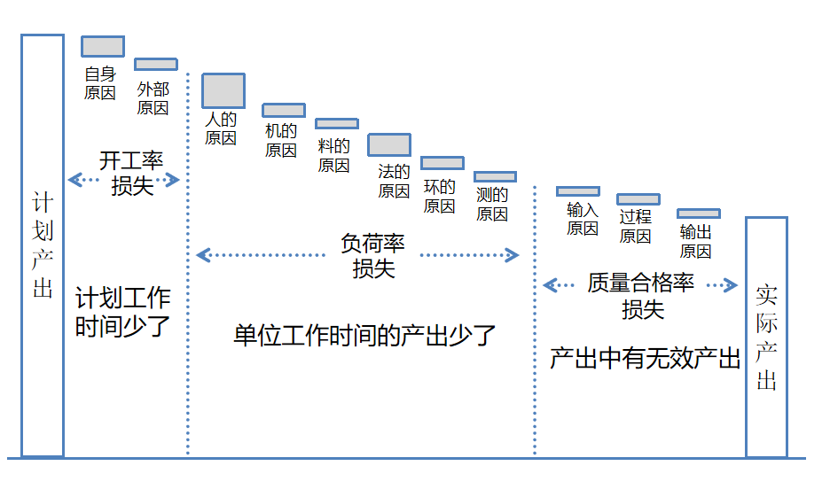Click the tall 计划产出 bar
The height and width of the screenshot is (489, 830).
pos(43,245)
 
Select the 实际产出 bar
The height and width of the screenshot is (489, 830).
pos(766,337)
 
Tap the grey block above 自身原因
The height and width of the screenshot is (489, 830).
pos(103,46)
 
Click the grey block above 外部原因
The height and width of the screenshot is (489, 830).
pos(156,64)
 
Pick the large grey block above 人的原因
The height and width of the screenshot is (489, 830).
pos(223,90)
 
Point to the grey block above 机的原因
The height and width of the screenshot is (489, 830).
pos(284,111)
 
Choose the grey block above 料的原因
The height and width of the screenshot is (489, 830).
pos(337,124)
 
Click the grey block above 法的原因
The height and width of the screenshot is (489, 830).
pos(389,144)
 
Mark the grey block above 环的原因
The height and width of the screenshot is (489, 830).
pos(442,163)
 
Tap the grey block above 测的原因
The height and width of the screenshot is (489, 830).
pos(495,177)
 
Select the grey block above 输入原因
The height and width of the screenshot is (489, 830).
pos(578,191)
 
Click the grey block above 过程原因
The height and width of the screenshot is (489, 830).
pos(638,199)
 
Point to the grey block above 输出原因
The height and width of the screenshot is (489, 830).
pos(699,213)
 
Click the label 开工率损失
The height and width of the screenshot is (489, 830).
pos(131,174)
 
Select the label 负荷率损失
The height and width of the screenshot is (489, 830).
pos(372,256)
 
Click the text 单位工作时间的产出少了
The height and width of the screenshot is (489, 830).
pos(364,336)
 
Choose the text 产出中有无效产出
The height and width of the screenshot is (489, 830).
pos(645,359)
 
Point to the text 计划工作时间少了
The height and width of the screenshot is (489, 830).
pos(122,312)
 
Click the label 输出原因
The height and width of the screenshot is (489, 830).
pos(696,241)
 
